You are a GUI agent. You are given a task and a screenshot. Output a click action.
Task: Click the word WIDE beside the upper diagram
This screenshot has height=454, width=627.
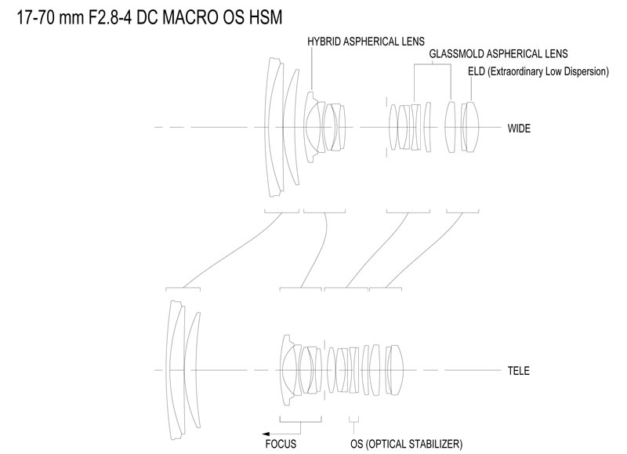click(519, 129)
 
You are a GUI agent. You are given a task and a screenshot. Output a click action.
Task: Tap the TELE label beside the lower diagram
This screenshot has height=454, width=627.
click(518, 371)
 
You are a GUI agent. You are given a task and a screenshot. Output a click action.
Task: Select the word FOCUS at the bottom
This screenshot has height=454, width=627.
click(281, 444)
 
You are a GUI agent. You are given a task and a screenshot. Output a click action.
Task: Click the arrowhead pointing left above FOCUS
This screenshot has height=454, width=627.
click(266, 434)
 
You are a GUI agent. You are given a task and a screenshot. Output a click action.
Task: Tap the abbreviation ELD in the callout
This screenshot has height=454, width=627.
click(477, 71)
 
